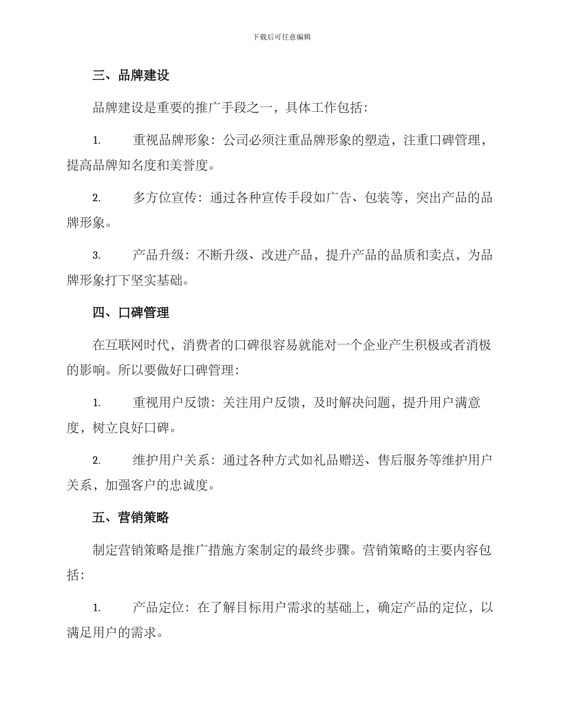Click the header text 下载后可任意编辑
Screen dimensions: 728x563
[281, 37]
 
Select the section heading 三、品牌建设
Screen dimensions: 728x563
[131, 76]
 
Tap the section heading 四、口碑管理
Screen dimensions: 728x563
[131, 313]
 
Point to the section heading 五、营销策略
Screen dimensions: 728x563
[131, 517]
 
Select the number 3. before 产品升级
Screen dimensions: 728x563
[97, 256]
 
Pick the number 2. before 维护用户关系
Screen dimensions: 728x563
[97, 460]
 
